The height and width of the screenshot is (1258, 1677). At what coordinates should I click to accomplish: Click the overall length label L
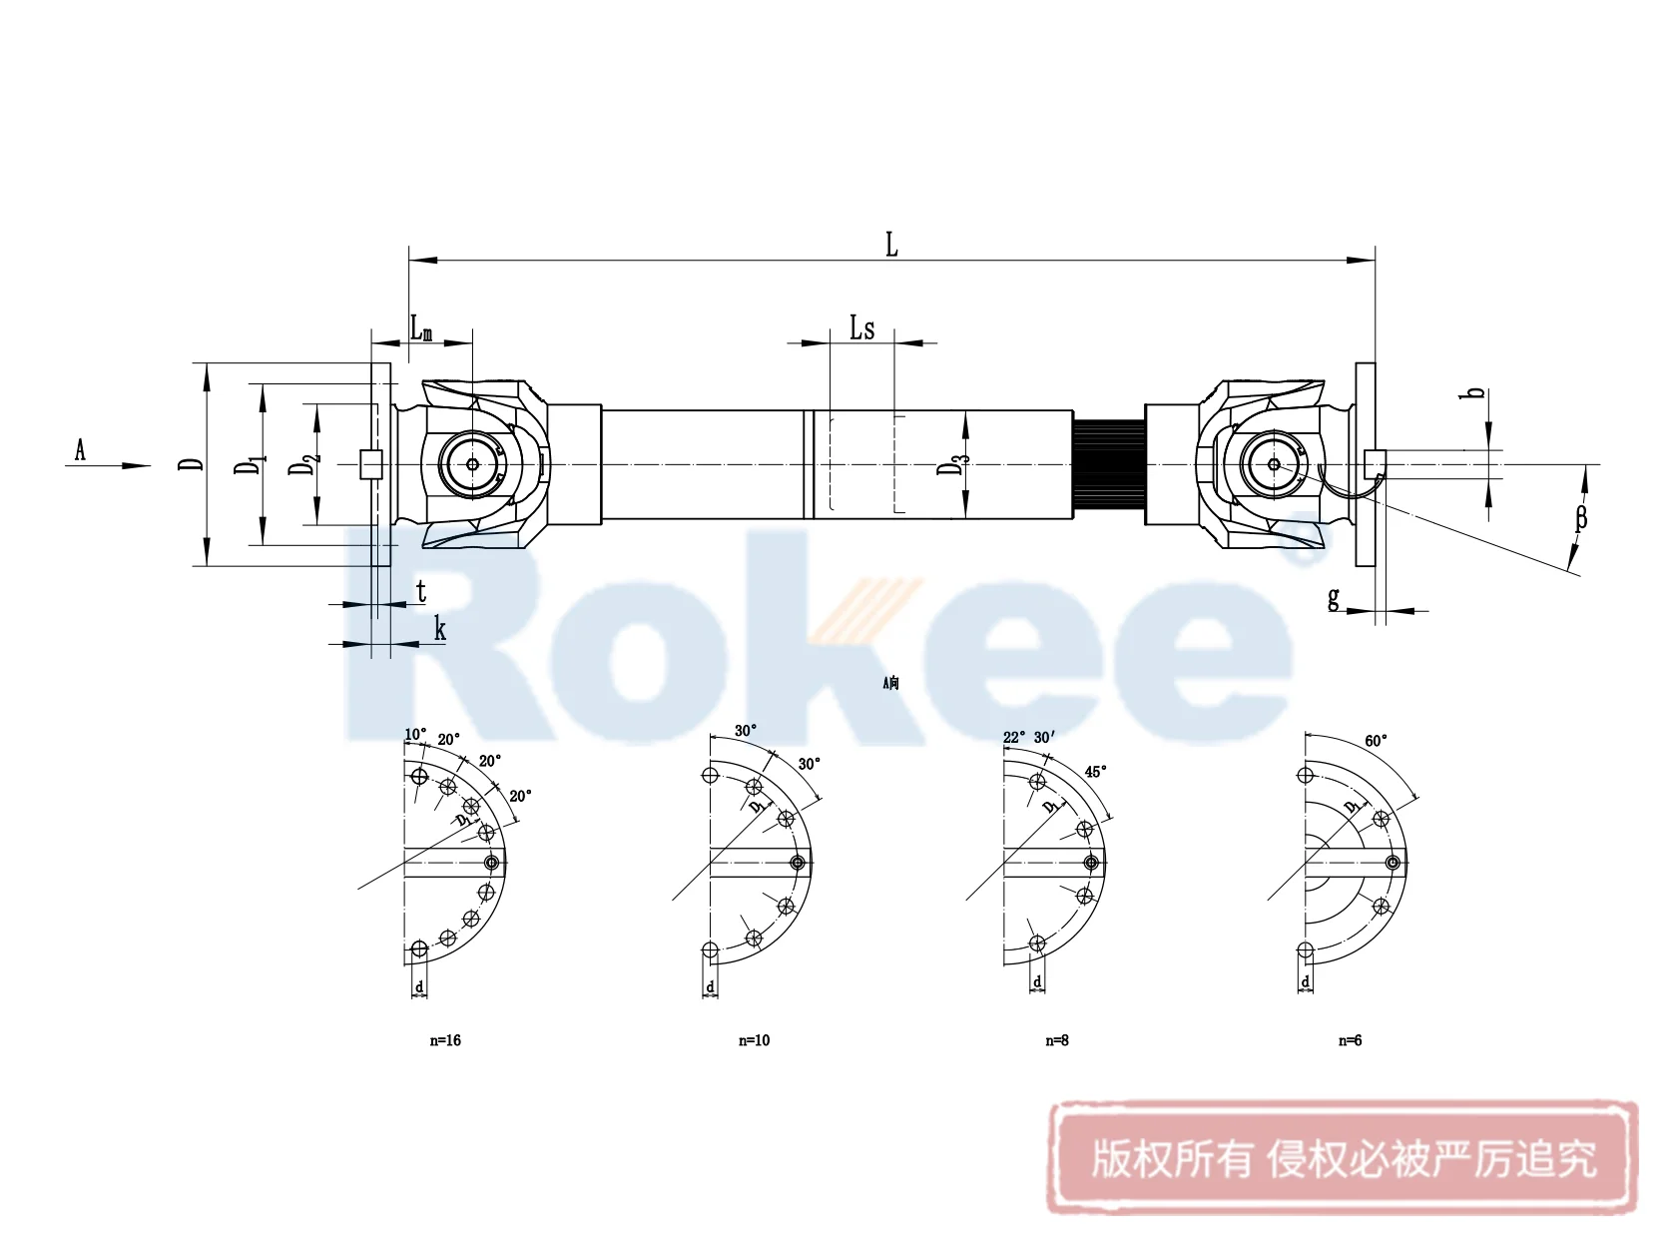[x=891, y=245]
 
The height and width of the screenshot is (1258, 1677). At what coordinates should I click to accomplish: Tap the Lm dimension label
[x=421, y=327]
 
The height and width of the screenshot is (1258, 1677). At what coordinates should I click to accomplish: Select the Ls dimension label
[x=861, y=327]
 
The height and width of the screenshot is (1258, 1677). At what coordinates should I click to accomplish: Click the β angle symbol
[x=1580, y=517]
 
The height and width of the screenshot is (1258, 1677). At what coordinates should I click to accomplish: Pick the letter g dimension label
[x=1334, y=598]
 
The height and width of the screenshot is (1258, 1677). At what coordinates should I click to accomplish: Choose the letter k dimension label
[x=439, y=629]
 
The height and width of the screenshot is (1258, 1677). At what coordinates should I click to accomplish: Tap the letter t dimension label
[x=421, y=591]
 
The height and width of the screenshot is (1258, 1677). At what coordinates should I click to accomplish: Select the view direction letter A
[x=80, y=450]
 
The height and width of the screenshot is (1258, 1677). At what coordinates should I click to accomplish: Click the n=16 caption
[x=445, y=1040]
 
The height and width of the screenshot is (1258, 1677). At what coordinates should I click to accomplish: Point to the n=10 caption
[x=754, y=1040]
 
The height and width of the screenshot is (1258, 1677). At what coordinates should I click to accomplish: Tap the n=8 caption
[x=1056, y=1040]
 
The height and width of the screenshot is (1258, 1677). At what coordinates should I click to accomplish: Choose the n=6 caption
[x=1350, y=1040]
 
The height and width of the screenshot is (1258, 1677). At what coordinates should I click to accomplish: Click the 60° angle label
[x=1376, y=741]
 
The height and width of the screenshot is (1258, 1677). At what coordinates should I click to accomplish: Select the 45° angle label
[x=1095, y=772]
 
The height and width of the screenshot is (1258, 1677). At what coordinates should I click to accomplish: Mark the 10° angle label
[x=415, y=735]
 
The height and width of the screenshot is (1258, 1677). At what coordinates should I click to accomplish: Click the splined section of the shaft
[x=1108, y=465]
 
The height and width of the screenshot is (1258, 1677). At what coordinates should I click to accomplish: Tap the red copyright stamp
[x=1343, y=1158]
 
